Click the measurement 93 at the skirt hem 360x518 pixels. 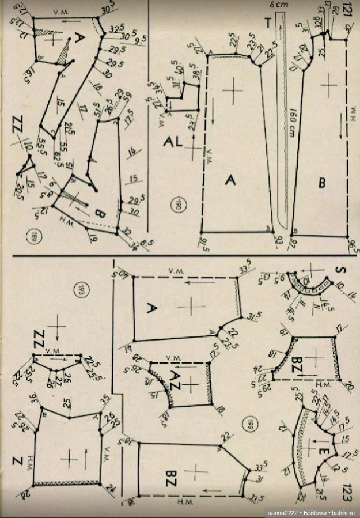pos(279,239)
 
